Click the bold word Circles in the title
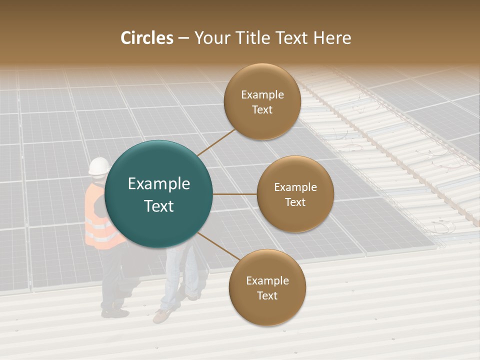click(147, 38)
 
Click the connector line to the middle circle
click(235, 194)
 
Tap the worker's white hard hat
click(99, 166)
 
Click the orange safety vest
click(97, 220)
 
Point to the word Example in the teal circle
click(159, 184)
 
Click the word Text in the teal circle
click(159, 206)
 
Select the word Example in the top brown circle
click(262, 95)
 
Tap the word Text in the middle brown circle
click(295, 202)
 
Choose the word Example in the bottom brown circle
click(267, 281)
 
